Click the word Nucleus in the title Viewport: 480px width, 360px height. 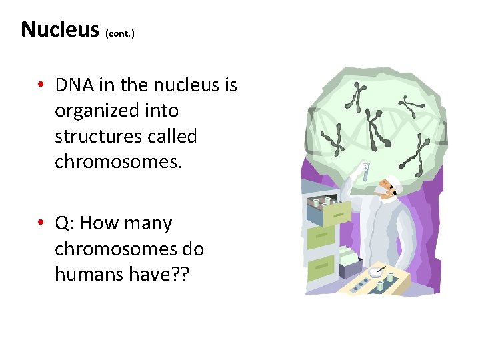pyautogui.click(x=59, y=30)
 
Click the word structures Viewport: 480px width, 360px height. pyautogui.click(x=97, y=137)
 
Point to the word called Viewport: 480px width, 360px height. pyautogui.click(x=173, y=137)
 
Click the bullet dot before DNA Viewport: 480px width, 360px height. pyautogui.click(x=41, y=85)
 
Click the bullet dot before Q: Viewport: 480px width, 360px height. pyautogui.click(x=41, y=223)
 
